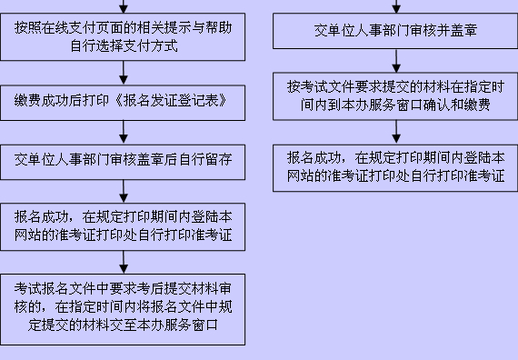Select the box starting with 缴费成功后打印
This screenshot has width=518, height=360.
[123, 99]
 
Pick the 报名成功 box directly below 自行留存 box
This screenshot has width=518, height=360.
[123, 226]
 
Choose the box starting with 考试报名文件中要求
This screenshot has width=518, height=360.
[123, 306]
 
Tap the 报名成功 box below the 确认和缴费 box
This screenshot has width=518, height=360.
[395, 165]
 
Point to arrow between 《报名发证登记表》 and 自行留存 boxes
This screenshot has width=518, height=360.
[123, 131]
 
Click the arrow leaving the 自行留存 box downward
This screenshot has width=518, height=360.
[123, 190]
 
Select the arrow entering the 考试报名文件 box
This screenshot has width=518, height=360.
[123, 260]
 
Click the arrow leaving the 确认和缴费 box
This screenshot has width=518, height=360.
[395, 129]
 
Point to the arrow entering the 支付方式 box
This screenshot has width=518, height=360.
[123, 6]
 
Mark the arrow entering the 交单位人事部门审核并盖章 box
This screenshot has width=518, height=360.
[395, 6]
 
